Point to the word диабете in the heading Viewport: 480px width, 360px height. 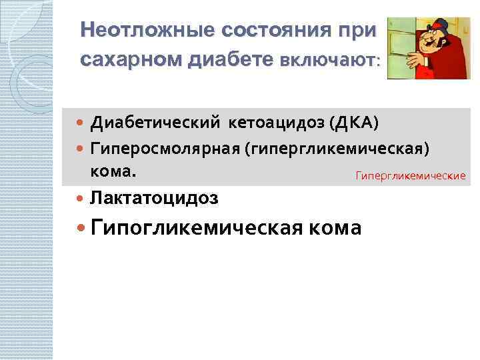point(230,60)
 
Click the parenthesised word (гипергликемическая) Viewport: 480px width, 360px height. point(341,147)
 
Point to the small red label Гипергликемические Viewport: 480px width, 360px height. point(410,176)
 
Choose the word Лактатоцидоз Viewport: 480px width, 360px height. point(154,198)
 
